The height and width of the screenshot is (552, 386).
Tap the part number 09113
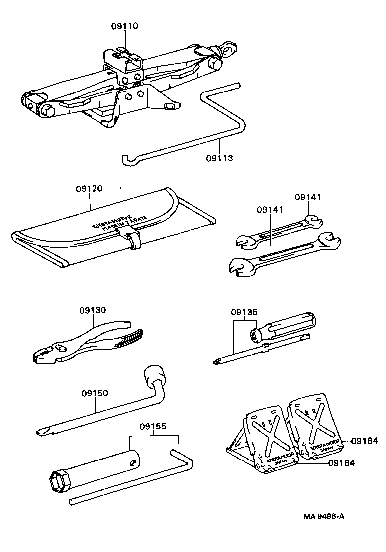(219, 158)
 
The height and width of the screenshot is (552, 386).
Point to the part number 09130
(93, 310)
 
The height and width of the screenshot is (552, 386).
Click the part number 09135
(244, 313)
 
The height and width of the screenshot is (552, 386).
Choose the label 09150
(95, 393)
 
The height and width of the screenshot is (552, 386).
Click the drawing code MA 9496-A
(324, 516)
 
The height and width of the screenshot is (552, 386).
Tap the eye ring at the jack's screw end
(229, 48)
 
